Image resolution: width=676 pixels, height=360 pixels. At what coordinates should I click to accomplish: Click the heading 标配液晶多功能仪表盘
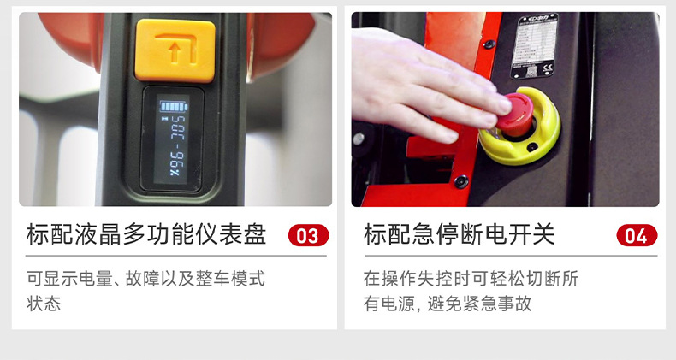(x=146, y=235)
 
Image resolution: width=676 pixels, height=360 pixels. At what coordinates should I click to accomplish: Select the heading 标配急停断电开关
(x=459, y=235)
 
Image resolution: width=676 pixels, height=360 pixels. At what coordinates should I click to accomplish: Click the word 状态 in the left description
(x=44, y=304)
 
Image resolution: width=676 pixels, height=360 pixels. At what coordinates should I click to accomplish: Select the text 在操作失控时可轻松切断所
(x=471, y=279)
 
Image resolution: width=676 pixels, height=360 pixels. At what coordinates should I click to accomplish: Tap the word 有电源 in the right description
(x=388, y=304)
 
